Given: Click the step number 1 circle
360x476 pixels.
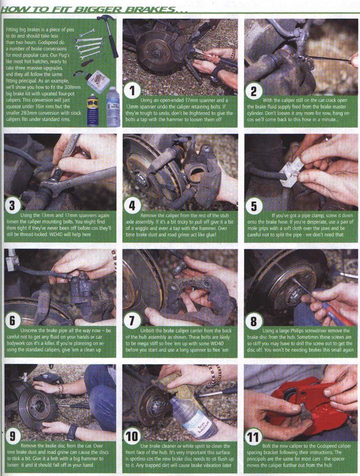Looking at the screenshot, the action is [x=132, y=90].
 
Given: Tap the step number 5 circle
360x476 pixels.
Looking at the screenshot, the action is [x=254, y=206].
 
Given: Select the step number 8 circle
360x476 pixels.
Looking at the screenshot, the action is [x=254, y=321].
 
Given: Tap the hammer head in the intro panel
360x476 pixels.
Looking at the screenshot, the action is [x=105, y=18].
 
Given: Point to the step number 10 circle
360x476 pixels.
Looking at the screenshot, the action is [x=132, y=436].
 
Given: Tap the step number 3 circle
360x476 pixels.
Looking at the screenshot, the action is [x=12, y=206].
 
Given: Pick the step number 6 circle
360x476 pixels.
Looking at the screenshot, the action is [x=12, y=321].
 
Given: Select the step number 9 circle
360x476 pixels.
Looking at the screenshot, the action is [x=13, y=436].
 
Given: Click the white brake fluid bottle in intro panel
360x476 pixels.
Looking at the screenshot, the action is [x=98, y=80].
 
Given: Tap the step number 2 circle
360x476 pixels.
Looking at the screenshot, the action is [x=254, y=91].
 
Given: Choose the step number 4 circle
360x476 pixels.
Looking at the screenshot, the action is [x=132, y=206].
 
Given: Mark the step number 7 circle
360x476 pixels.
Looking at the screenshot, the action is [x=132, y=321].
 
